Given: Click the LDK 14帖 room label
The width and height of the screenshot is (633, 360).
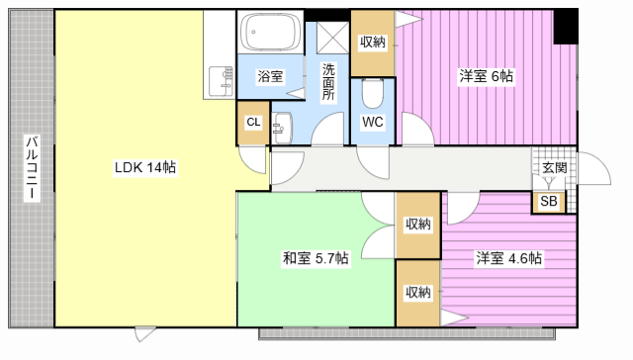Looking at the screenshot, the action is pyautogui.click(x=145, y=167).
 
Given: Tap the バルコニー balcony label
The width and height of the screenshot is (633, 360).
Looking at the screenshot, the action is pyautogui.click(x=33, y=168).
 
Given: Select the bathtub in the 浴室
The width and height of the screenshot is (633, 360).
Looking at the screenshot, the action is pyautogui.click(x=270, y=32).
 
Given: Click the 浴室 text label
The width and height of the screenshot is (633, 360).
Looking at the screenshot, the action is pyautogui.click(x=270, y=76).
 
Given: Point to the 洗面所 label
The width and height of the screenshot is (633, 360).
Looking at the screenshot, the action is pyautogui.click(x=328, y=82).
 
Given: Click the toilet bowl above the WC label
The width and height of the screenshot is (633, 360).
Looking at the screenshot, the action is pyautogui.click(x=372, y=94).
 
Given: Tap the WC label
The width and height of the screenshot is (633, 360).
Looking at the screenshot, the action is pyautogui.click(x=372, y=122).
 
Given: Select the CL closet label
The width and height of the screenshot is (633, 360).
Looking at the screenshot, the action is pyautogui.click(x=253, y=122).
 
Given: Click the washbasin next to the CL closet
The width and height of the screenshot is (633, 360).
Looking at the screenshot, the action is pyautogui.click(x=283, y=128).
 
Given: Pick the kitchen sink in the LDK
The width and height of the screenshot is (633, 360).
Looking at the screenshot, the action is pyautogui.click(x=222, y=81).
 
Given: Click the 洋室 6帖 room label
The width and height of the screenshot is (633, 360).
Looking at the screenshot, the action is pyautogui.click(x=486, y=76).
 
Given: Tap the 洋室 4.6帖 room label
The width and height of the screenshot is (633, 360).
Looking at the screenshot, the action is pyautogui.click(x=508, y=258).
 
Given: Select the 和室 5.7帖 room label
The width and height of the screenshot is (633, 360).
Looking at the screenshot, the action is pyautogui.click(x=316, y=258).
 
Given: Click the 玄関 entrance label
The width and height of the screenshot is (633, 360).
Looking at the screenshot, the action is pyautogui.click(x=554, y=167).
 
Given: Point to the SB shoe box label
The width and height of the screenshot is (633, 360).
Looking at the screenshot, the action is pyautogui.click(x=549, y=201).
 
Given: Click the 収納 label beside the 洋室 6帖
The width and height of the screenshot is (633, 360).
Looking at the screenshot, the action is pyautogui.click(x=373, y=42).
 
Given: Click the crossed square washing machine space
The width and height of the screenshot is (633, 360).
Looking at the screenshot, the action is pyautogui.click(x=332, y=38).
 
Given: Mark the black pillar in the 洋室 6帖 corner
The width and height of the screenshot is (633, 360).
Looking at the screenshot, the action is pyautogui.click(x=565, y=27).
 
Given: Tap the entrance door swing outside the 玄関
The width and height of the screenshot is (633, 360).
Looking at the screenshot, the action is pyautogui.click(x=594, y=168).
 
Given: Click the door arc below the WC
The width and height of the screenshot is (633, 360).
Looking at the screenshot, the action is pyautogui.click(x=373, y=162).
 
